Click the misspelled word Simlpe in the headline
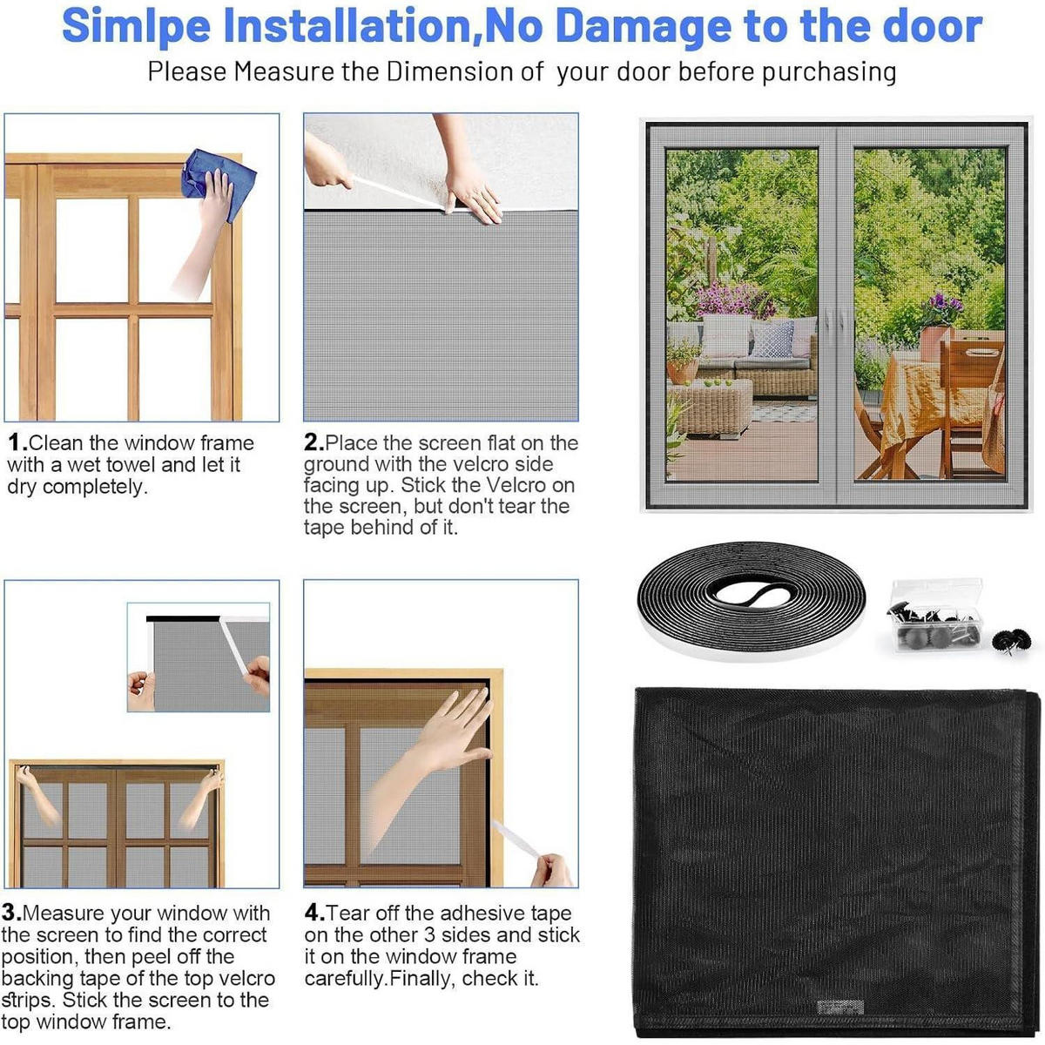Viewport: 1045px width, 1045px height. (136, 27)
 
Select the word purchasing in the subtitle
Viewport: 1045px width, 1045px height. (829, 72)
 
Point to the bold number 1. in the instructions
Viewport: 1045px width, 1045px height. (17, 442)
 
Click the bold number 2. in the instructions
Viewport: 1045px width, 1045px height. (313, 442)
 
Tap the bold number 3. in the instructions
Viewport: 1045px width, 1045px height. (11, 913)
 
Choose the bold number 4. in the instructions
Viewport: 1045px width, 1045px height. (314, 913)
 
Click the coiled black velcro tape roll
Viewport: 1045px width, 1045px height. (751, 601)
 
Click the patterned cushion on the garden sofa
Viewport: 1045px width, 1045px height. (772, 340)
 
